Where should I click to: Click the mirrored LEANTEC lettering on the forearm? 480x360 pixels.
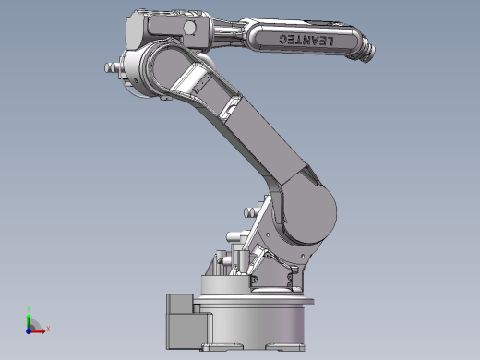point(306,40)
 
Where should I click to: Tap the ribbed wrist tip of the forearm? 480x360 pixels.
point(368,52)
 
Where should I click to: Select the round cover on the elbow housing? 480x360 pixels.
point(189,28)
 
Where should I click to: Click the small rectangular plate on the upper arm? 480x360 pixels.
point(202,84)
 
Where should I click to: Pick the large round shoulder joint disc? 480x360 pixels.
point(308,213)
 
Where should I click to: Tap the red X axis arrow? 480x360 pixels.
point(38,331)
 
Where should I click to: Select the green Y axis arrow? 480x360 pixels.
point(29,321)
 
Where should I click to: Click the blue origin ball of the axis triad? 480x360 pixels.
point(29,331)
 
